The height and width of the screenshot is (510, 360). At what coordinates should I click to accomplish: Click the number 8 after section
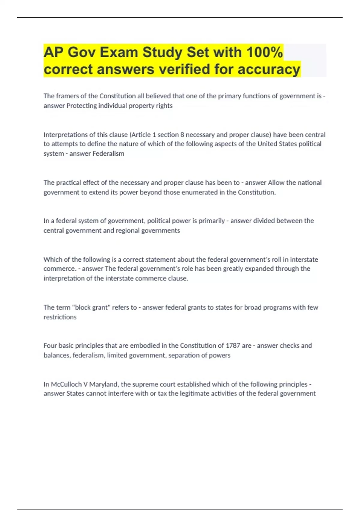[182, 135]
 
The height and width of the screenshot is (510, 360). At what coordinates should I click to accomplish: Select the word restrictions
[60, 317]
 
